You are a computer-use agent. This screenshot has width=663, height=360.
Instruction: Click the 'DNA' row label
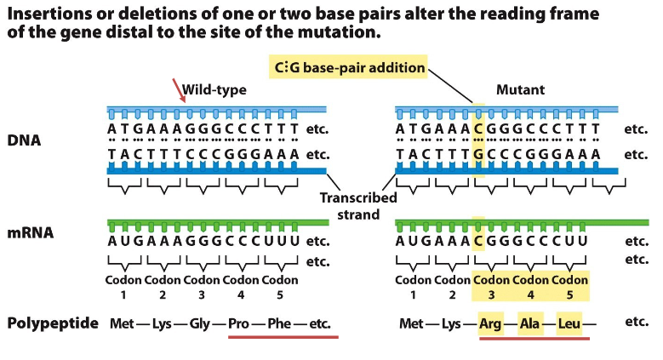point(26,141)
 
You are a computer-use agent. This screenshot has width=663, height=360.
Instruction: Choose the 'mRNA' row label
point(31,231)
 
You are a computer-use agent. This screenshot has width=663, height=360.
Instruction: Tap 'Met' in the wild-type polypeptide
point(121,324)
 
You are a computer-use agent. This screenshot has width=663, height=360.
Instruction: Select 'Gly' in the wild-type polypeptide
point(200,324)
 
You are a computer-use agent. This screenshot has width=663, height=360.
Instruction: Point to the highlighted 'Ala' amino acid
point(530,324)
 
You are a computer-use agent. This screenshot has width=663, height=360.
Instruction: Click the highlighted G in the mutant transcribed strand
point(479,155)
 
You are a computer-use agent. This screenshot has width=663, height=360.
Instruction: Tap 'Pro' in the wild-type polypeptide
point(240,324)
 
